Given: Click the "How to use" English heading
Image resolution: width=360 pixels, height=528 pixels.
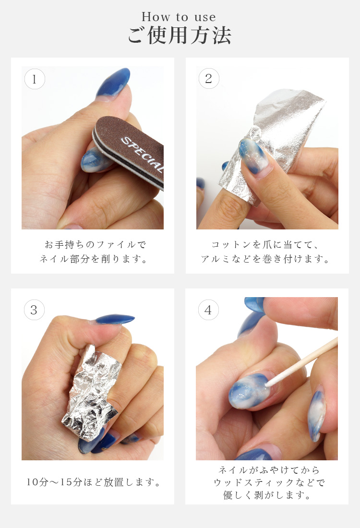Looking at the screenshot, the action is pos(179,17).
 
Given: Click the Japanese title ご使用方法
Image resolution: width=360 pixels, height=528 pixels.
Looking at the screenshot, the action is pos(180,36).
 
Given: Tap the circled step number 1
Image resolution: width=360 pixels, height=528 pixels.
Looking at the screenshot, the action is pos(35,79).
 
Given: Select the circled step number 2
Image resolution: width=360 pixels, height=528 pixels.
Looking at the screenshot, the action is pos(209,78).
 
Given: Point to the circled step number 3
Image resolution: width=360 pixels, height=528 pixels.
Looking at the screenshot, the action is pos(35,310).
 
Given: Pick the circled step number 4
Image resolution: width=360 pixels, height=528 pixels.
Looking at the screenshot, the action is pos(208,310).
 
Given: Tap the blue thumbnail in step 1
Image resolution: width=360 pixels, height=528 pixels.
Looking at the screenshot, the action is pos(113,83).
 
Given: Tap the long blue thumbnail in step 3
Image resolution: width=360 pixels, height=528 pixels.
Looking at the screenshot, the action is pos(115,319).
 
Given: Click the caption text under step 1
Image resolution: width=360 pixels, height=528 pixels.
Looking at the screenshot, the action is pos(93,252).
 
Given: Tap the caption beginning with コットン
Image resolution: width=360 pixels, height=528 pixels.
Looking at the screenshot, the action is pos(265,252).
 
